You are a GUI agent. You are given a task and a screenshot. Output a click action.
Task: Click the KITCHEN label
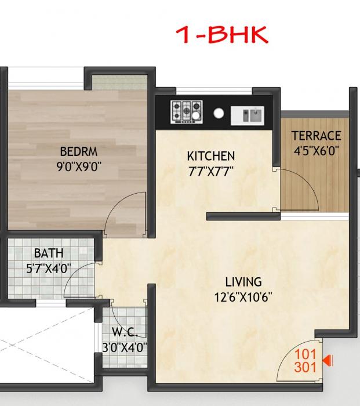click(210, 156)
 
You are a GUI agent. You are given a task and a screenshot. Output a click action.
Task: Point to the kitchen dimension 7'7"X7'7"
click(210, 172)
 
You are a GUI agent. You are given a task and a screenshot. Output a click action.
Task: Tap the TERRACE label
click(316, 136)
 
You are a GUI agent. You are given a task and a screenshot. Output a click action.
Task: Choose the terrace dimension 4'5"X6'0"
click(316, 150)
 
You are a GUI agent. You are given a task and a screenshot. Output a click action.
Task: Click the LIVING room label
click(243, 282)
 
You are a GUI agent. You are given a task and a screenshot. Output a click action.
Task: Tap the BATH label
click(49, 253)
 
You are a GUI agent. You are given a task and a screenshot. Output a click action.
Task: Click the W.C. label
click(125, 333)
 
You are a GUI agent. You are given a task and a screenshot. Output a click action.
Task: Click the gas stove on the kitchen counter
click(187, 111)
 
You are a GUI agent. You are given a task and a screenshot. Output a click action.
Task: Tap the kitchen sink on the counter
click(248, 114)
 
